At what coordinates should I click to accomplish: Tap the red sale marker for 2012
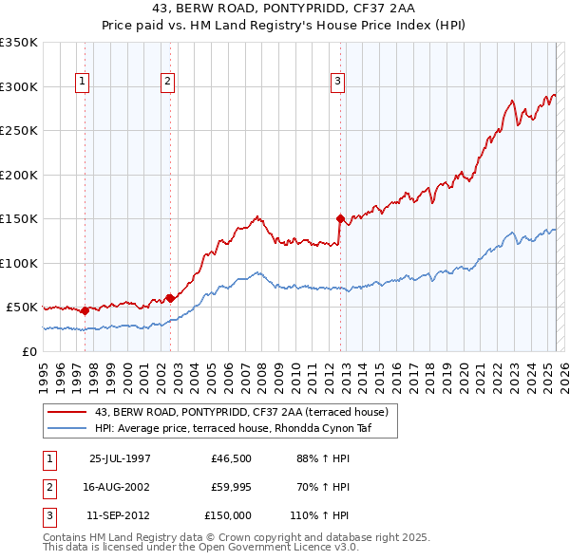340,218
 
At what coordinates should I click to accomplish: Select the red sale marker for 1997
85,310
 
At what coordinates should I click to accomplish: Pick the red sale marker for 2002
170,298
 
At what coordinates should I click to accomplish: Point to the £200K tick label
19,175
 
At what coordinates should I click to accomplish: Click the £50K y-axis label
23,308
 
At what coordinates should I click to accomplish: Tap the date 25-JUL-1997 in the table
120,458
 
